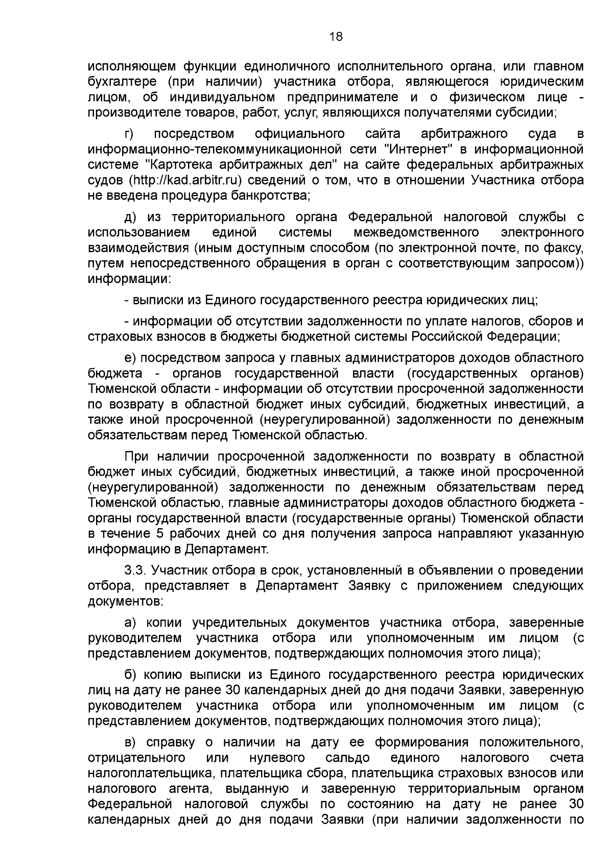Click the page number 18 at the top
336,36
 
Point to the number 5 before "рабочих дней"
160,534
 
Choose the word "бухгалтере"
121,82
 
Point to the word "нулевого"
277,758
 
